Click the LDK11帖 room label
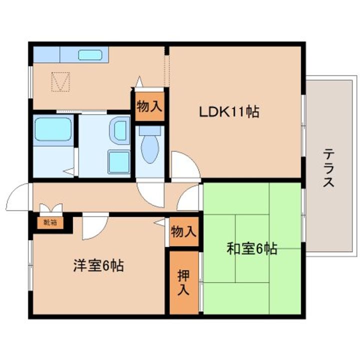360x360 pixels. pos(229,112)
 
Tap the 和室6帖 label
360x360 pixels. pos(252,248)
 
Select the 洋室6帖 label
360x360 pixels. pos(98,265)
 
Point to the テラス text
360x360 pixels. pos(328,168)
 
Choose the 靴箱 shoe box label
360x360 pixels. pos(50,222)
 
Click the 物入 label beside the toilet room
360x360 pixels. pos(149,106)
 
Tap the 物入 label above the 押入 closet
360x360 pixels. pos(183,231)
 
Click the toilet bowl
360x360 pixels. pos(150,144)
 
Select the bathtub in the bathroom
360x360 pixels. pos(53,129)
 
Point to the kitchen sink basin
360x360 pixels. pos(90,55)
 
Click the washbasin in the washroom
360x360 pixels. pos(119,130)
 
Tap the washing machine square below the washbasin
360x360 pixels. pos(119,162)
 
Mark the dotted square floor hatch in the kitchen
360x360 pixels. pos(60,81)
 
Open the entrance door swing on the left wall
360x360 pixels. pos(17,197)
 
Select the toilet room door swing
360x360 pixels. pos(150,195)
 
